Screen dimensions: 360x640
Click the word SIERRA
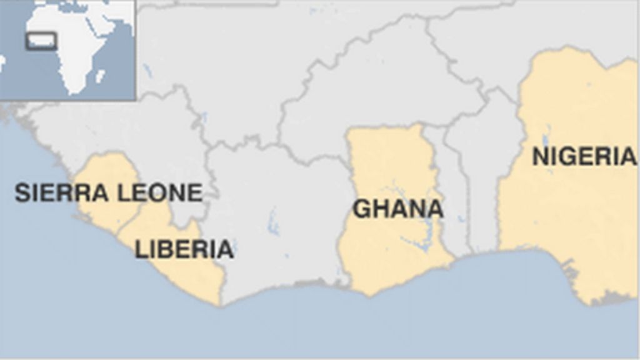pyautogui.click(x=61, y=193)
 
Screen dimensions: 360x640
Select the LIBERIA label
pyautogui.click(x=184, y=249)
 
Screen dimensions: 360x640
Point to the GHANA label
pyautogui.click(x=397, y=209)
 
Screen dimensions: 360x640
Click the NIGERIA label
pyautogui.click(x=584, y=156)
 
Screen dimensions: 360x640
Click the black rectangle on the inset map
pyautogui.click(x=41, y=41)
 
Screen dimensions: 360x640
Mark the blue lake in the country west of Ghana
pyautogui.click(x=273, y=222)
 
